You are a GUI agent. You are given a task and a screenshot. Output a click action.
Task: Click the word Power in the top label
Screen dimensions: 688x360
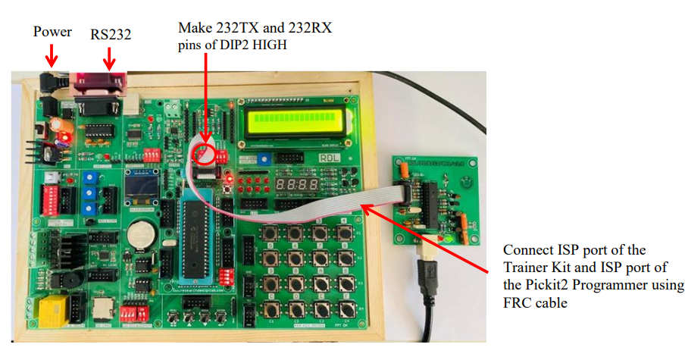coord(52,32)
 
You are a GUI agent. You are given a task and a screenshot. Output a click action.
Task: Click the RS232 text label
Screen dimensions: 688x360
coord(111,35)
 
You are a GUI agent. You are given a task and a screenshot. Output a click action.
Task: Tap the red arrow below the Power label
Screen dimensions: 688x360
coord(52,56)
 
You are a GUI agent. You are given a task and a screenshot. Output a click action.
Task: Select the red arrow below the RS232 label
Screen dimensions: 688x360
coord(109,59)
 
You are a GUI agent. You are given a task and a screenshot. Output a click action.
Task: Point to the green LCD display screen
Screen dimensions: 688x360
coord(295,121)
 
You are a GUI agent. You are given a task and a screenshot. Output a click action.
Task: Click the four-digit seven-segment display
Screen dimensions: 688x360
coord(296,184)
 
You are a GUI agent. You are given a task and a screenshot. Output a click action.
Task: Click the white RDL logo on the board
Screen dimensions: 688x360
coord(329,158)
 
